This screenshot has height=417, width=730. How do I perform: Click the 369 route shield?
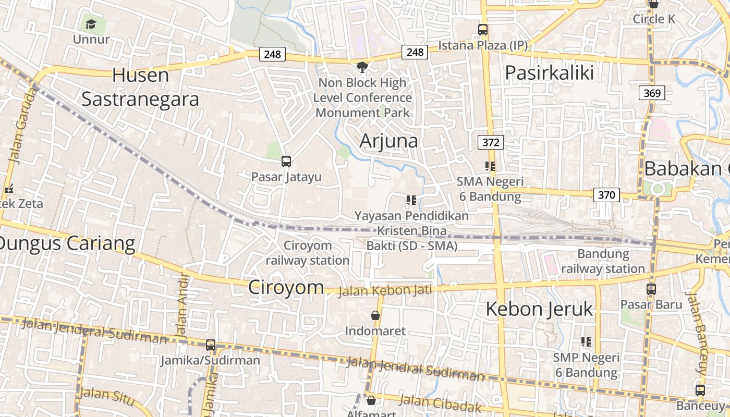(x=652, y=93)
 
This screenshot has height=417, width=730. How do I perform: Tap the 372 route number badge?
(x=491, y=142)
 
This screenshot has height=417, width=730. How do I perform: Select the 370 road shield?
(x=606, y=195)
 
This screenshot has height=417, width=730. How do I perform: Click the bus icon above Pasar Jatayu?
(x=286, y=162)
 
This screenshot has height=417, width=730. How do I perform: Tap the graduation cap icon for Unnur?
(x=91, y=24)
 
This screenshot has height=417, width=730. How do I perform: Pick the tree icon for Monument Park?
(x=361, y=67)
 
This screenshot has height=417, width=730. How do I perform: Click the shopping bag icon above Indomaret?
(x=375, y=315)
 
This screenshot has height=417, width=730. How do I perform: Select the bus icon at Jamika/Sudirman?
(x=211, y=345)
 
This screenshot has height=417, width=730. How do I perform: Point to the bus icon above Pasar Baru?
(x=651, y=289)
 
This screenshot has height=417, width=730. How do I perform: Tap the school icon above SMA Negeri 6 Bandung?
(x=490, y=166)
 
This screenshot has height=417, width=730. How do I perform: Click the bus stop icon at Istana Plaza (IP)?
(x=483, y=30)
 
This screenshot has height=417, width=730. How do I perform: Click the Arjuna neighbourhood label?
(x=389, y=141)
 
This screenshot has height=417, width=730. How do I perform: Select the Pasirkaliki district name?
(x=550, y=72)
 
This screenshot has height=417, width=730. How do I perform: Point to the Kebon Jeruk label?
(x=539, y=309)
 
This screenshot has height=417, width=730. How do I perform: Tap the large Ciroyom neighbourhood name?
(x=286, y=287)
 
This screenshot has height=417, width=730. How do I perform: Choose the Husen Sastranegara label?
(x=140, y=87)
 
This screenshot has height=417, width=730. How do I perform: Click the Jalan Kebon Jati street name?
(x=385, y=290)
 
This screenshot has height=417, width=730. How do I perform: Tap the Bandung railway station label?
(x=603, y=261)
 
